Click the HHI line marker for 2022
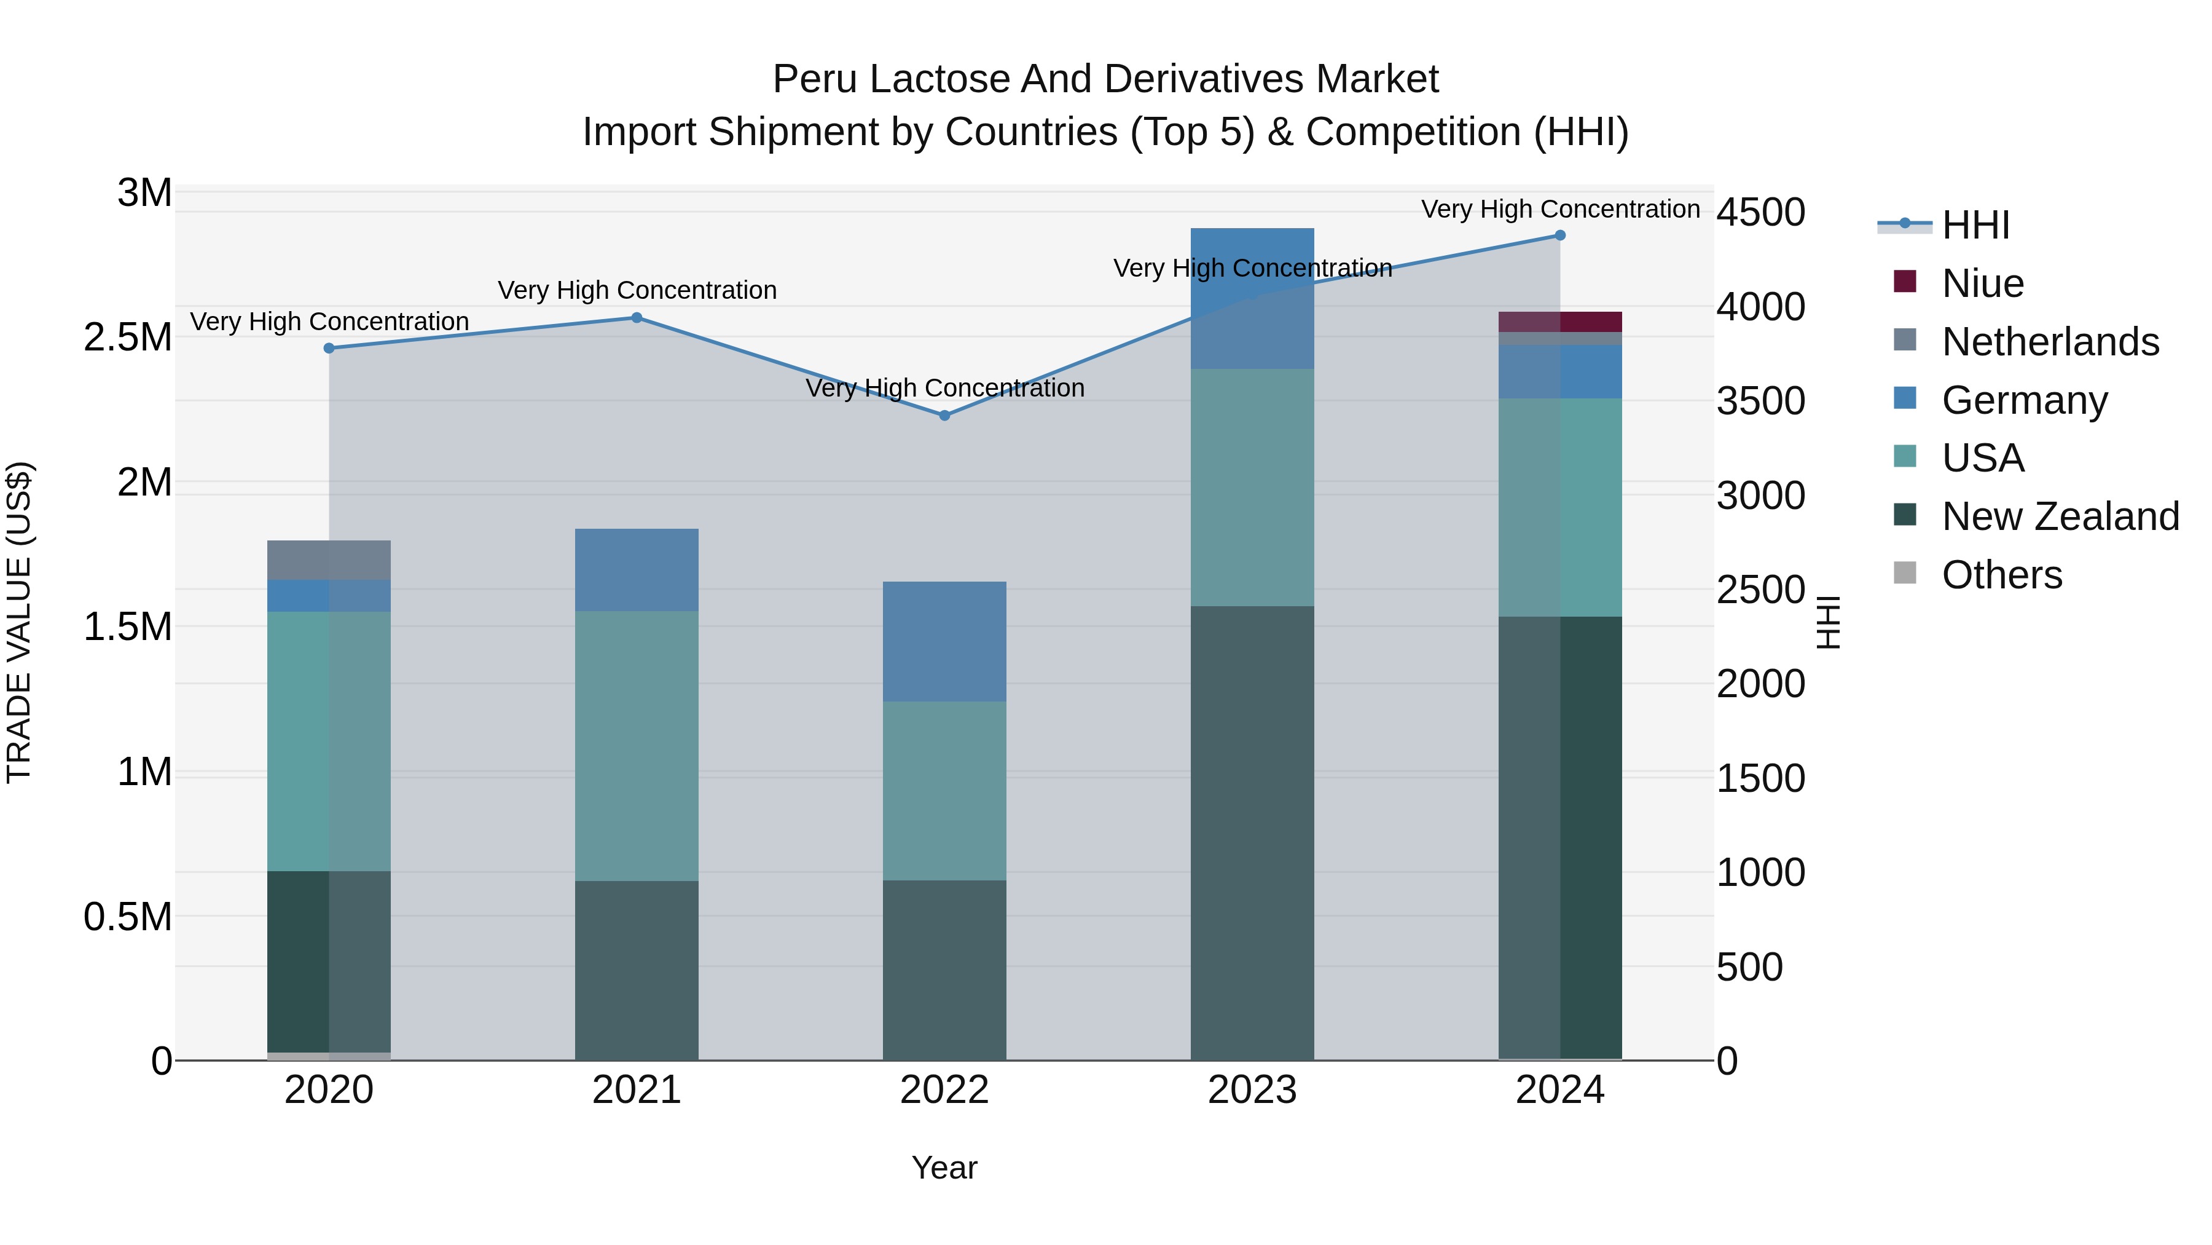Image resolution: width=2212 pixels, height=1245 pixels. coord(944,415)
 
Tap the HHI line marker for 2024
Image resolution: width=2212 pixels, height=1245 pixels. coord(1560,235)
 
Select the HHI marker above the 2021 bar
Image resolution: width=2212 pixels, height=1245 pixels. coord(637,318)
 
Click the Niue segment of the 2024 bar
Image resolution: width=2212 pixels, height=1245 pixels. coord(1560,322)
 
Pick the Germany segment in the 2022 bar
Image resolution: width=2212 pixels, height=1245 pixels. coord(944,641)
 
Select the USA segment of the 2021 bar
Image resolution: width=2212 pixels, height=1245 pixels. coord(637,746)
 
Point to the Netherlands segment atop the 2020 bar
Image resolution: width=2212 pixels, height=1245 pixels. coord(329,560)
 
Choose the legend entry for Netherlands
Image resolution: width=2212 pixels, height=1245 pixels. coord(2050,342)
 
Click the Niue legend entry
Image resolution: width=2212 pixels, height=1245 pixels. coord(1982,283)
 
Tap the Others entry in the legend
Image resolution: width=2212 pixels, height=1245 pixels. coord(2001,575)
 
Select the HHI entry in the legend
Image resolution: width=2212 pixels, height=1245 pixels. coord(1975,225)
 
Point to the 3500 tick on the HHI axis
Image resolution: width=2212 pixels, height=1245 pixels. coord(1760,401)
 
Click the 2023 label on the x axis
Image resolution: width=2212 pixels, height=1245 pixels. coord(1252,1090)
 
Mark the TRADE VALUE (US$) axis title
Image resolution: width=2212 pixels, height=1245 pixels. coord(19,622)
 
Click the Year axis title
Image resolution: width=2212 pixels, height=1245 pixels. coord(944,1168)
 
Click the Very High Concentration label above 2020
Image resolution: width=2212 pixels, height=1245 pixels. coord(329,322)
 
